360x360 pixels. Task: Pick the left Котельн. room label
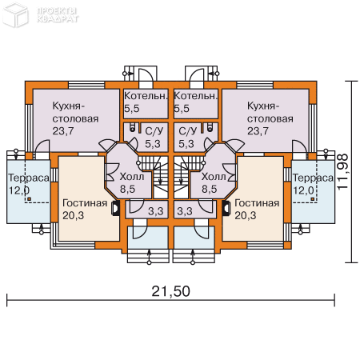146,96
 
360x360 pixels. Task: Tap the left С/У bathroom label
154,131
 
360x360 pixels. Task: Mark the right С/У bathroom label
187,131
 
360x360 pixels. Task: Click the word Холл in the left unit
132,177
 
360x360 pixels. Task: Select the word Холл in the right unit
213,177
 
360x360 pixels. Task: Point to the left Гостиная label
84,202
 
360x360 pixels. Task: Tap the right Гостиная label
257,202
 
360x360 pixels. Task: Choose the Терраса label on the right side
313,177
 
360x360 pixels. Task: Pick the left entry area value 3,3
157,211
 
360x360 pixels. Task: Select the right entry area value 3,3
184,211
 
